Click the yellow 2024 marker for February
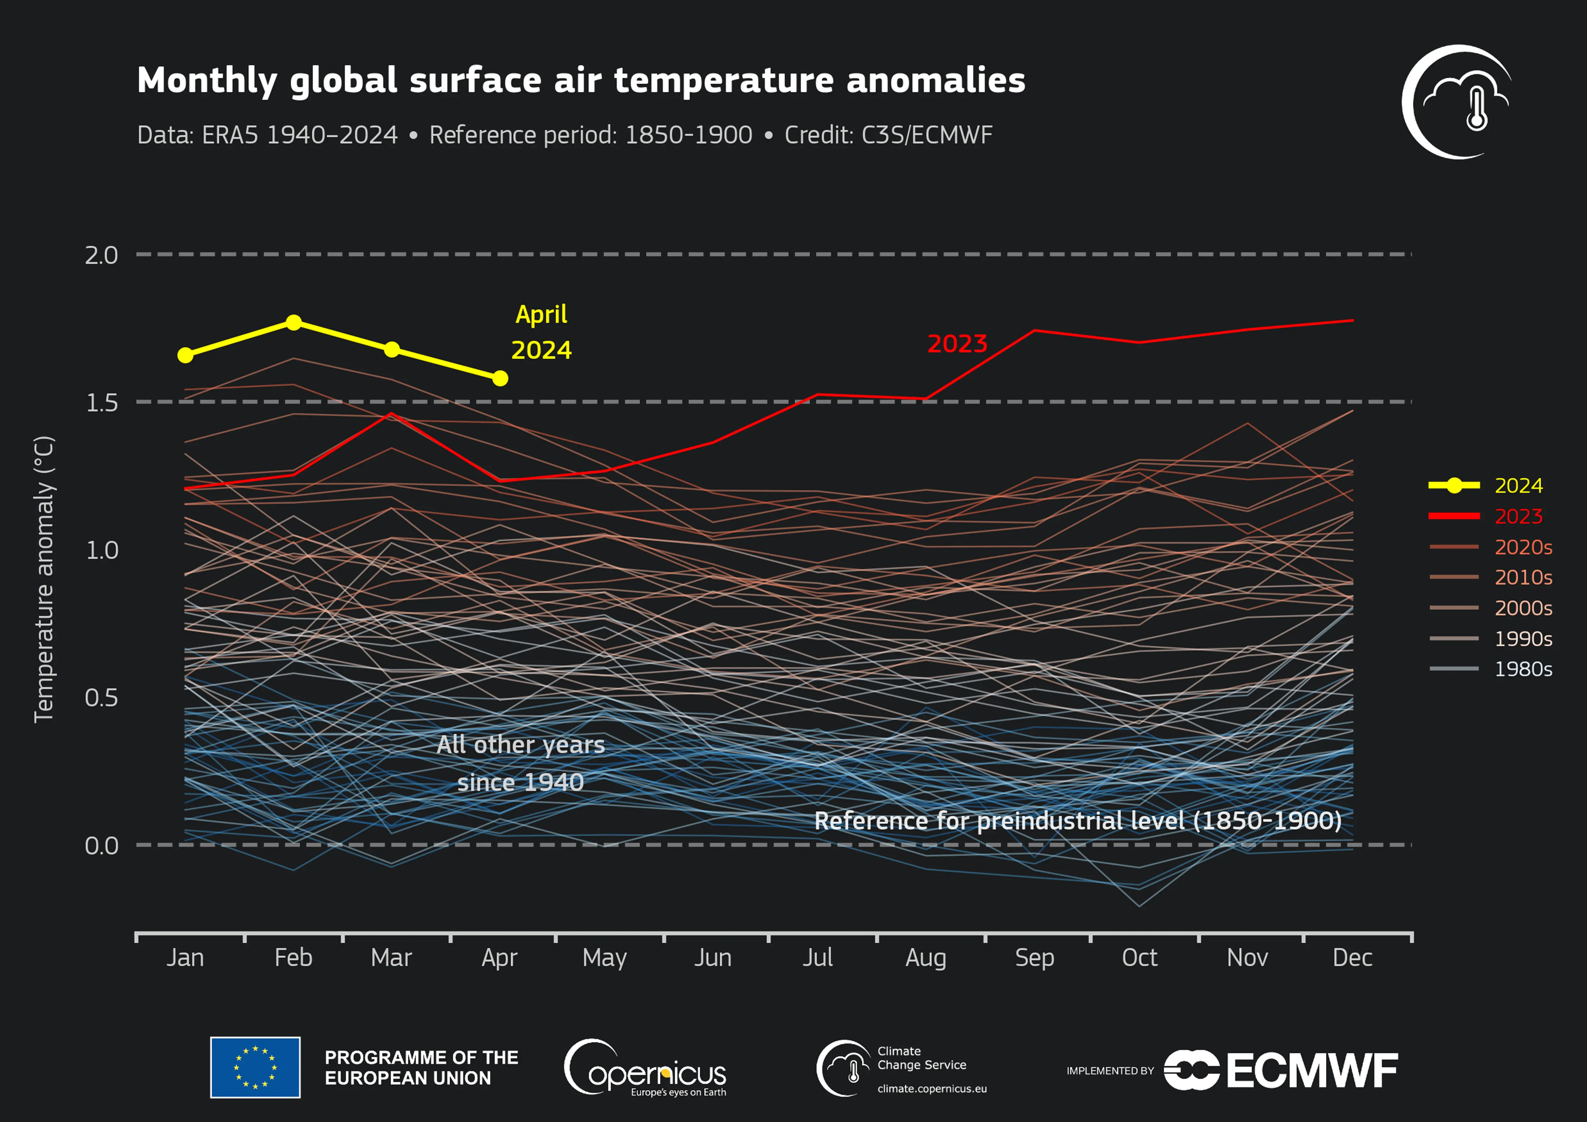pyautogui.click(x=294, y=323)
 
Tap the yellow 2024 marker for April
pyautogui.click(x=500, y=379)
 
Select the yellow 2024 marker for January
pyautogui.click(x=185, y=355)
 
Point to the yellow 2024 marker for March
pyautogui.click(x=391, y=350)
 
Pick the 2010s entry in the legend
pyautogui.click(x=1523, y=578)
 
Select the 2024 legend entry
pyautogui.click(x=1518, y=486)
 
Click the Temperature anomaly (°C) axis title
pyautogui.click(x=44, y=579)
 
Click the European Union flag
pyautogui.click(x=255, y=1067)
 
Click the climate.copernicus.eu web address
pyautogui.click(x=932, y=1089)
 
